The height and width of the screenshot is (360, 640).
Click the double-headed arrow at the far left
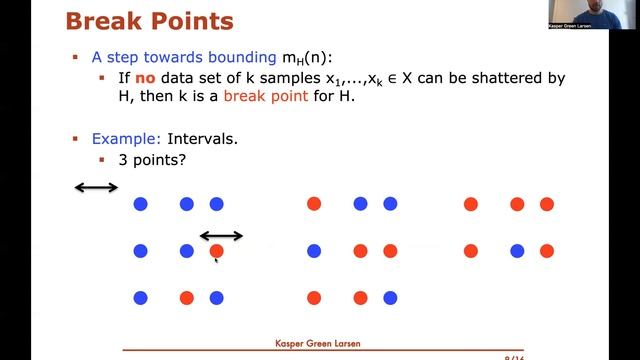coord(97,187)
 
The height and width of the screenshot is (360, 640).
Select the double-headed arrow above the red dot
coord(221,237)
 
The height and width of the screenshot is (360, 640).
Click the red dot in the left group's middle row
coord(216,251)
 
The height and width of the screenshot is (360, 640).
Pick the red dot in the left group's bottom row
coord(186,297)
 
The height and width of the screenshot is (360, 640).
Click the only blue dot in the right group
coord(470,251)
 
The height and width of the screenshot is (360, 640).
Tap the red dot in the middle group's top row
coord(314,204)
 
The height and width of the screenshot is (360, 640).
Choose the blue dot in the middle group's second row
coord(314,251)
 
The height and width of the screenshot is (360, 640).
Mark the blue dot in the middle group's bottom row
coord(390,297)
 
